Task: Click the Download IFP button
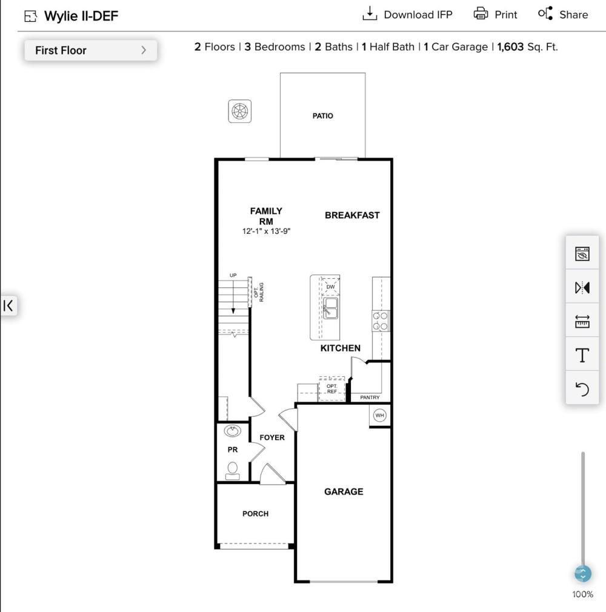tap(408, 15)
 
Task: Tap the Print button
tap(495, 15)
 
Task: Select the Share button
tap(562, 15)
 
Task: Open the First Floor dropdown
tap(91, 50)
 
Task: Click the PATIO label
tap(322, 116)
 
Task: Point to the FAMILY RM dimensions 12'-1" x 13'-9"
tap(266, 231)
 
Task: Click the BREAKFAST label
tap(352, 215)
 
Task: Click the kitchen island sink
tap(330, 308)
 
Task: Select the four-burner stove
tap(381, 321)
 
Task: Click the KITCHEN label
tap(341, 348)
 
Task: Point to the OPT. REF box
tap(332, 389)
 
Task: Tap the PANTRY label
tap(370, 397)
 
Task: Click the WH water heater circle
tap(379, 415)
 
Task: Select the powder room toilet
tap(233, 471)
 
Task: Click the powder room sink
tap(233, 431)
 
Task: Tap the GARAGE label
tap(344, 492)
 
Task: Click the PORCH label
tap(255, 514)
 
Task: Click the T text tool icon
tap(582, 355)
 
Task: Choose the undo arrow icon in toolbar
tap(582, 389)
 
